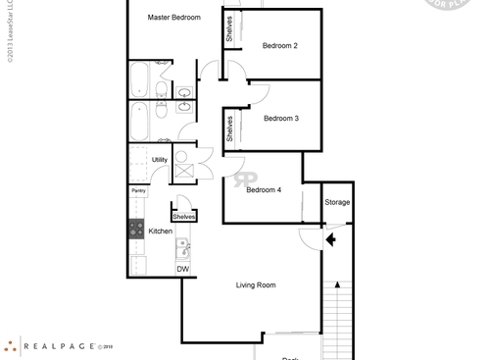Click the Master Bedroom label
click(x=174, y=18)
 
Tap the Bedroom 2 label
click(x=280, y=46)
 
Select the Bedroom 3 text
click(x=280, y=118)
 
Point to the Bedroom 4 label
click(x=264, y=190)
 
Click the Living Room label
click(x=256, y=285)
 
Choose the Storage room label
click(x=337, y=202)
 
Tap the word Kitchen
click(x=160, y=231)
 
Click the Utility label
click(x=159, y=159)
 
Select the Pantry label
click(x=139, y=191)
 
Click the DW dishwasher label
click(x=182, y=269)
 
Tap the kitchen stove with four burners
click(x=136, y=229)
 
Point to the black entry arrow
click(x=331, y=236)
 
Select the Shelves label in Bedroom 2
click(x=229, y=28)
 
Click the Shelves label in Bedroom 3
click(x=229, y=129)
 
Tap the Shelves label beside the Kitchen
click(x=183, y=216)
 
